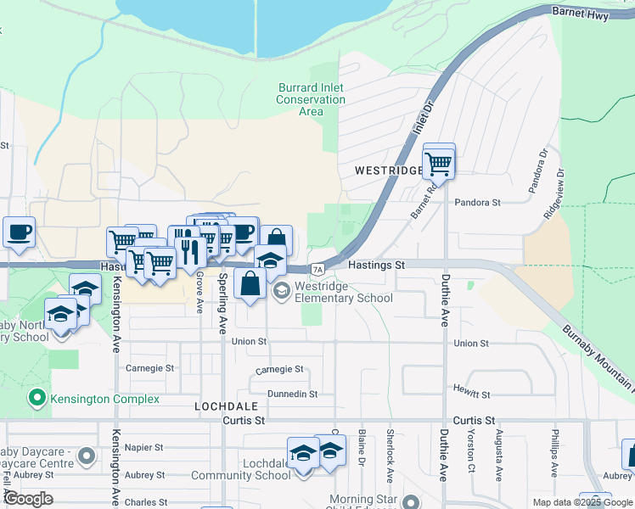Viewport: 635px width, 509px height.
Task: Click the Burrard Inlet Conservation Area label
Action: pyautogui.click(x=311, y=99)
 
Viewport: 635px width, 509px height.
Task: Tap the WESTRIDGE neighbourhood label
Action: pyautogui.click(x=388, y=171)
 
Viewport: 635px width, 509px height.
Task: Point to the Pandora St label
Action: pyautogui.click(x=478, y=203)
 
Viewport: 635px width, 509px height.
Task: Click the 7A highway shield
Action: pyautogui.click(x=317, y=270)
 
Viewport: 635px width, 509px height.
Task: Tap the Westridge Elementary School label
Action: pyautogui.click(x=344, y=292)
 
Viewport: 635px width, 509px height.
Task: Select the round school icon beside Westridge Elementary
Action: pyautogui.click(x=281, y=291)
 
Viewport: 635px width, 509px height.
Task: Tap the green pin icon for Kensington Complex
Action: pyautogui.click(x=37, y=397)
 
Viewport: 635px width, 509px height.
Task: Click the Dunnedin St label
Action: pyautogui.click(x=291, y=394)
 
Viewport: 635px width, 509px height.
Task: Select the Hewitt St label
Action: pyautogui.click(x=473, y=394)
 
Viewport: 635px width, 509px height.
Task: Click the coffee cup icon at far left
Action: pyautogui.click(x=19, y=232)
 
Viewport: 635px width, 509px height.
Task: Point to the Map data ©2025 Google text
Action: pyautogui.click(x=582, y=502)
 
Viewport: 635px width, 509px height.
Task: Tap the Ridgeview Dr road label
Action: pyautogui.click(x=553, y=194)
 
